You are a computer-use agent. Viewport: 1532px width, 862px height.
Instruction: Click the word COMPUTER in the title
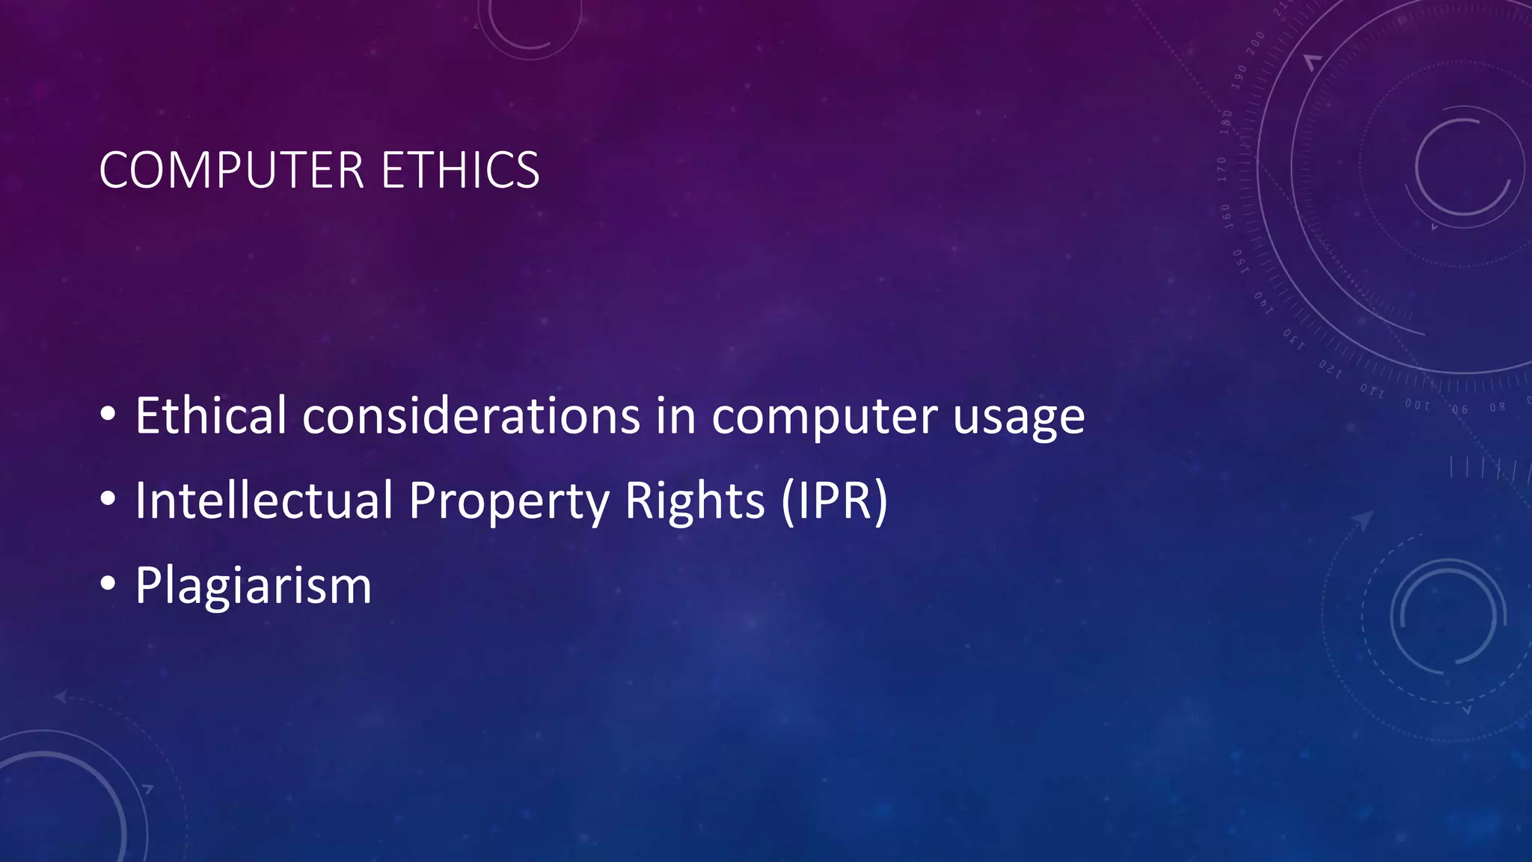231,171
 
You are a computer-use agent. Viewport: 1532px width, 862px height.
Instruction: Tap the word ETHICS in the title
460,171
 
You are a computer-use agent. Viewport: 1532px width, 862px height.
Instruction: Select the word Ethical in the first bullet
210,415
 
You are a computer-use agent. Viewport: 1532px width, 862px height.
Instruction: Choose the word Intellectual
264,500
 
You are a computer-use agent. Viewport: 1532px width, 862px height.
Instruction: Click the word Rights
695,501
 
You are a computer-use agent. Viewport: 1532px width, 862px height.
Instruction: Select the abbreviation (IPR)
834,501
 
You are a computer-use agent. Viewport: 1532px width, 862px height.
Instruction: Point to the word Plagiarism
253,586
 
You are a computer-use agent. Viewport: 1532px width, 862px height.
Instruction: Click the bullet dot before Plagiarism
108,583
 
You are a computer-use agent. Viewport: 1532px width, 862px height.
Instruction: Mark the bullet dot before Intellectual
108,498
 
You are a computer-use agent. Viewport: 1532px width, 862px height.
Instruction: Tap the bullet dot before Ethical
108,413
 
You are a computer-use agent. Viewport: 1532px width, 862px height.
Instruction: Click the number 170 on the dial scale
1222,169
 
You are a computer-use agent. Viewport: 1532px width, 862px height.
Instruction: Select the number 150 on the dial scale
1240,261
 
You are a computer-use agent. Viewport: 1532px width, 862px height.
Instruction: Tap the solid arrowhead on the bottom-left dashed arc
60,697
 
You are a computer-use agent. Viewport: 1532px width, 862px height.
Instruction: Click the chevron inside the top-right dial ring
1313,62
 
